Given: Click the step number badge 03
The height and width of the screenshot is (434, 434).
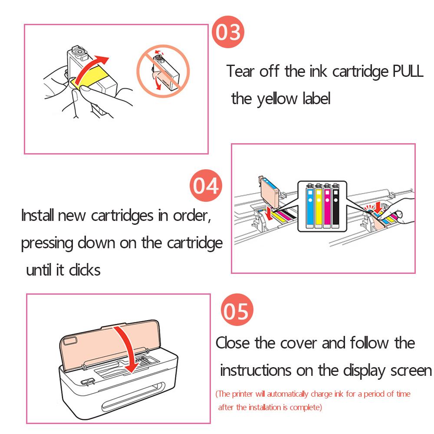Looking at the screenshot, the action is [228, 32].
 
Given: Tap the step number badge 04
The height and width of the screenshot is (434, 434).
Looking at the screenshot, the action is [206, 185].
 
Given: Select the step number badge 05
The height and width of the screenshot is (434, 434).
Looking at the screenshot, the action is [237, 310].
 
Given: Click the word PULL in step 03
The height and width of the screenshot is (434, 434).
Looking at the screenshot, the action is [408, 71].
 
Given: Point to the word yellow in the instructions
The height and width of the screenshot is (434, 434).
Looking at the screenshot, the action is [277, 99].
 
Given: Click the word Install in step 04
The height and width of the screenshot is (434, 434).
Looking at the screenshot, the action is [38, 215].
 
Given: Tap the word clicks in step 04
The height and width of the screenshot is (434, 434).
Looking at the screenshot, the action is [85, 270].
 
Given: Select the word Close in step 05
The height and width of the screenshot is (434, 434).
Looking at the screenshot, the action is [233, 343].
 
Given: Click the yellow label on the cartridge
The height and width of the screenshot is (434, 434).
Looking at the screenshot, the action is [89, 76].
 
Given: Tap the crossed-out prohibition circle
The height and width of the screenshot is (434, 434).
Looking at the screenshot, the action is [163, 71].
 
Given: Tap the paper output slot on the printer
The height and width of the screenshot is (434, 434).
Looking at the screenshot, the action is [133, 396].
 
